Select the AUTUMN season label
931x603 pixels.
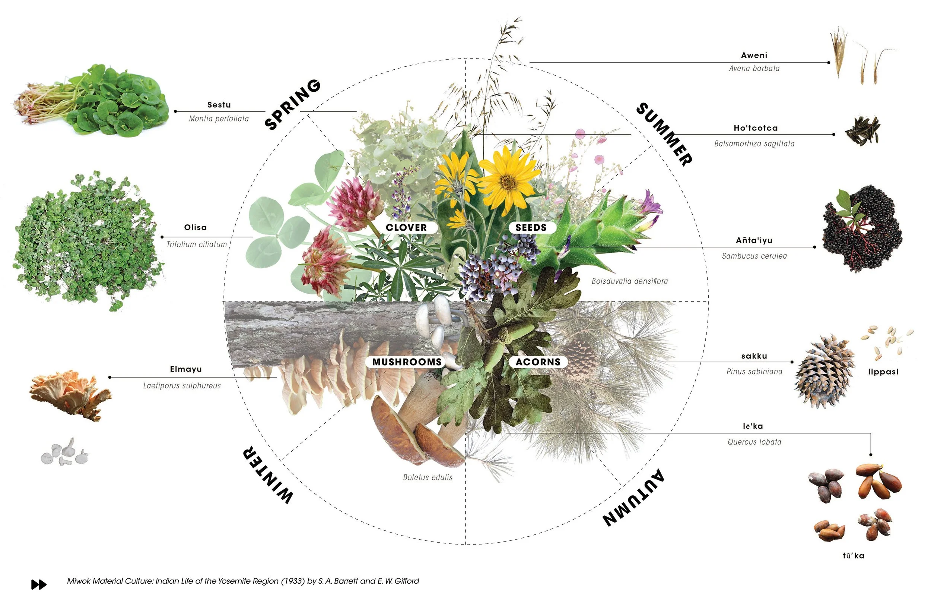633,497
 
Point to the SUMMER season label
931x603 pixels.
664,134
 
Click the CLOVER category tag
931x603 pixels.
406,227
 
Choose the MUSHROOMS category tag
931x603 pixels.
407,362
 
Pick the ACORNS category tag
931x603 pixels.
538,362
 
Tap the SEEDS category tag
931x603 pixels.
531,227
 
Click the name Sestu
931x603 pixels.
219,105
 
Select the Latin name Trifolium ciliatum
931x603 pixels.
197,245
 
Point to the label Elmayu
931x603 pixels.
186,369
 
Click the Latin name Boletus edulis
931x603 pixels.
428,477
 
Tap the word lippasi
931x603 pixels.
883,372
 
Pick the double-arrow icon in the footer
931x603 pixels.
39,585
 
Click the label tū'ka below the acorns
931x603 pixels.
853,556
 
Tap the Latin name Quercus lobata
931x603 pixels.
754,442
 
